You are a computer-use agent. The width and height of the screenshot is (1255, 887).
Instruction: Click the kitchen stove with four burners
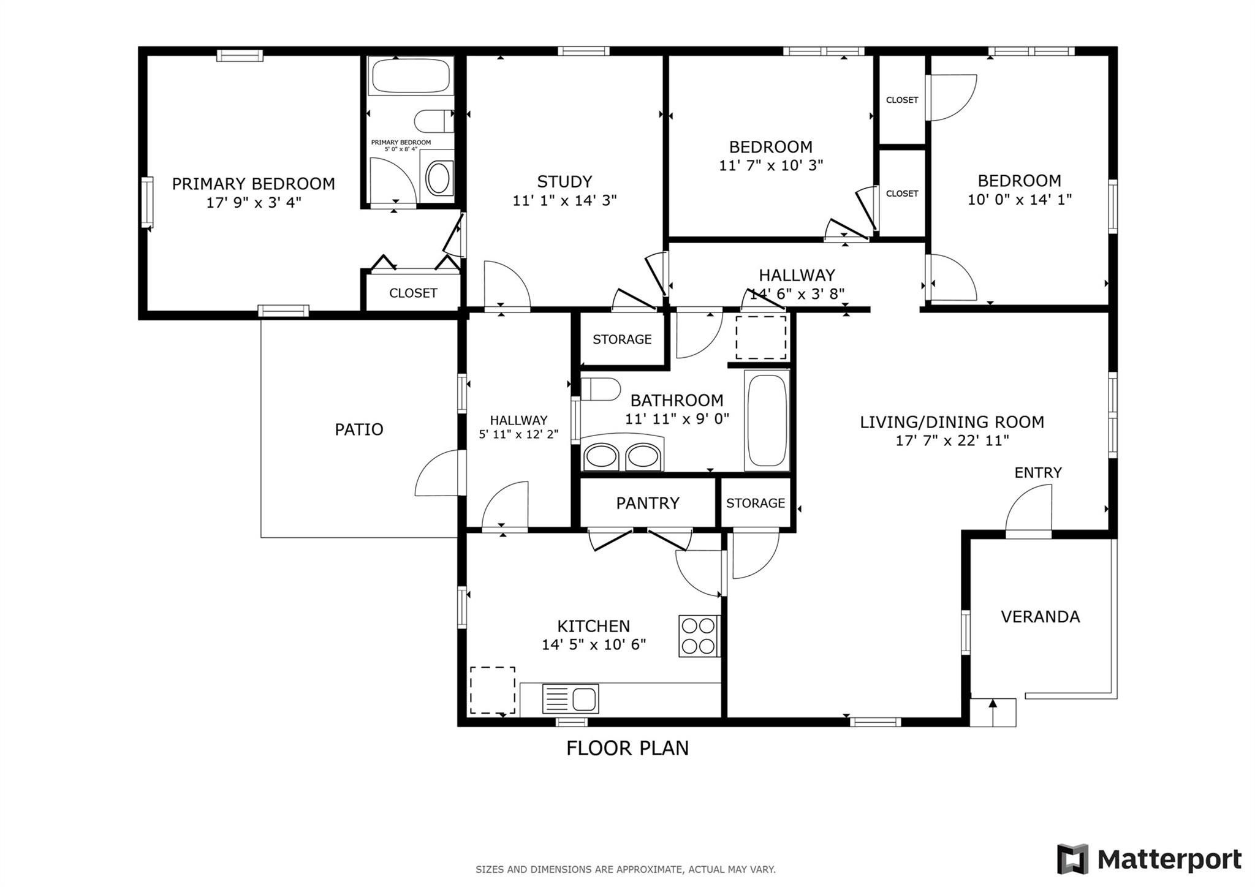tap(699, 636)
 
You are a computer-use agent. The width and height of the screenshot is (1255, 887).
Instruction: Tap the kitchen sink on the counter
tap(571, 698)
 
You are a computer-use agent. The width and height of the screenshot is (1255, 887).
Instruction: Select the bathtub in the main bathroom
tap(767, 420)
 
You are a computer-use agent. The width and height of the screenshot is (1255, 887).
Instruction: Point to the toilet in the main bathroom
tap(601, 389)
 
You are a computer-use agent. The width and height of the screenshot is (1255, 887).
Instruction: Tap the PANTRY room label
tap(648, 503)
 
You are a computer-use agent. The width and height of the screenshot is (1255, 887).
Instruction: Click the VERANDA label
tap(1041, 616)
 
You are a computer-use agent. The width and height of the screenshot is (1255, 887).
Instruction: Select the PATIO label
tap(359, 429)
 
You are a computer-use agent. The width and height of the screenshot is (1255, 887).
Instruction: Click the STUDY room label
tap(564, 182)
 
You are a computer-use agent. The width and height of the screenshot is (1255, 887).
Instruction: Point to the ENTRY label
tap(1038, 472)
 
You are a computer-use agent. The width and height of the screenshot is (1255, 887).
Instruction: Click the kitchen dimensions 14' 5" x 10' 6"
tap(594, 644)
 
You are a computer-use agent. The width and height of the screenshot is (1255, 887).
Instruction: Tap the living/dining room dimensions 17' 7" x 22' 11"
tap(952, 440)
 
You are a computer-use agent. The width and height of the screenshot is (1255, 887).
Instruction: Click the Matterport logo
tap(1149, 859)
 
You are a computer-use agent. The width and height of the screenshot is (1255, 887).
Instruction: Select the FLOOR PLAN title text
tap(627, 748)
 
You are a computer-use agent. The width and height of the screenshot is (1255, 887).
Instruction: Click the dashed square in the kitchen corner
tap(493, 690)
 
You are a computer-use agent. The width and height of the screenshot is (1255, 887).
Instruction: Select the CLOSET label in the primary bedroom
tap(413, 293)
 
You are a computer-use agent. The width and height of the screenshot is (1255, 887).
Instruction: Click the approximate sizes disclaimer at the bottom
tap(626, 869)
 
